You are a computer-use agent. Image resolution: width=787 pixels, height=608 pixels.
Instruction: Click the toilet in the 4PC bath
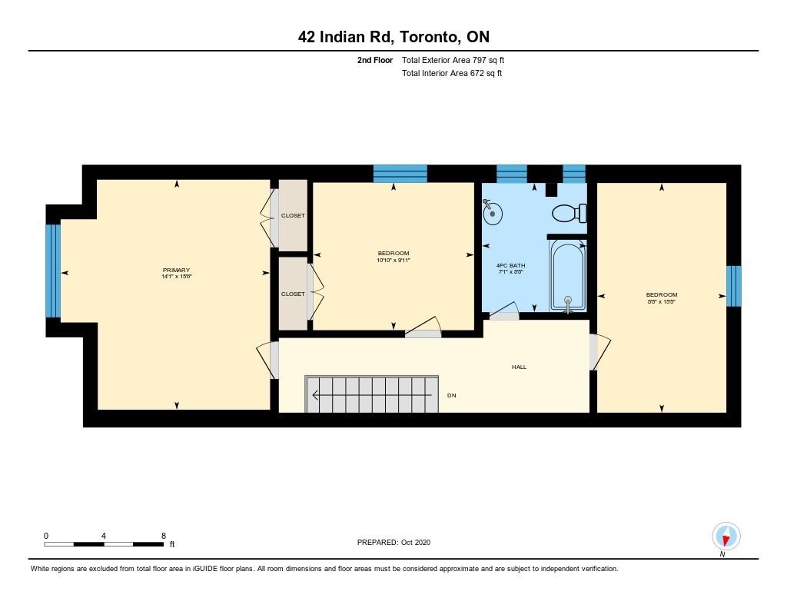(x=569, y=213)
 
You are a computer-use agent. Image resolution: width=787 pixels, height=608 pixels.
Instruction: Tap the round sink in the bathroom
(x=493, y=213)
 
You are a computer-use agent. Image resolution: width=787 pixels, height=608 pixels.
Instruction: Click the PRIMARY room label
(x=176, y=270)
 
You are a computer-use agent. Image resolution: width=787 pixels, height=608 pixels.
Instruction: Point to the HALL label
(x=519, y=367)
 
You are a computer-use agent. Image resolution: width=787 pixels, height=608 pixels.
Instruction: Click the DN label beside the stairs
(x=452, y=396)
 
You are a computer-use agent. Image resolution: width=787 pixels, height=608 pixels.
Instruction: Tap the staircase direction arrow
(x=372, y=395)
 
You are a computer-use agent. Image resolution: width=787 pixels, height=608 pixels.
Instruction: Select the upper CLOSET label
(x=293, y=215)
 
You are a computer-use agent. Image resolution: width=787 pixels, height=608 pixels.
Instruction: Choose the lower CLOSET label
(x=293, y=294)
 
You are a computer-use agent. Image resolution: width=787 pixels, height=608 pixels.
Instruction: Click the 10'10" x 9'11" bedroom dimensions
(x=393, y=260)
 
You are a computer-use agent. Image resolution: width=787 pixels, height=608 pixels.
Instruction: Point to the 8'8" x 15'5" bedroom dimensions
(x=662, y=302)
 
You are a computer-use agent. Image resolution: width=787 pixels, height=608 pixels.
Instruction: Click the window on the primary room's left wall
(x=53, y=271)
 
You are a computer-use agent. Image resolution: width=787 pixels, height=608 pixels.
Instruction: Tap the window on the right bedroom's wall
(x=734, y=286)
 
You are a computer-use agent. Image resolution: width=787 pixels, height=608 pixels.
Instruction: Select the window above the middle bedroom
(x=400, y=174)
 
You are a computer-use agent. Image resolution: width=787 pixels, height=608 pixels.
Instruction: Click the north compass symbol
(x=726, y=537)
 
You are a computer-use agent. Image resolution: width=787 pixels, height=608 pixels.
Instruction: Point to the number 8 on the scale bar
(x=164, y=536)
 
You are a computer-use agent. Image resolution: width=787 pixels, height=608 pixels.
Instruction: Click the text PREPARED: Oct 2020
(x=393, y=542)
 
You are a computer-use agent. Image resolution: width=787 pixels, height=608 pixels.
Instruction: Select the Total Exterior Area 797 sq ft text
(x=453, y=60)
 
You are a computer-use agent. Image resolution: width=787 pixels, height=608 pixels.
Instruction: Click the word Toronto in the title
(x=429, y=37)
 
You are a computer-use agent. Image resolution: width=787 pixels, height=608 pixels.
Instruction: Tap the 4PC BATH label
(x=510, y=266)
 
